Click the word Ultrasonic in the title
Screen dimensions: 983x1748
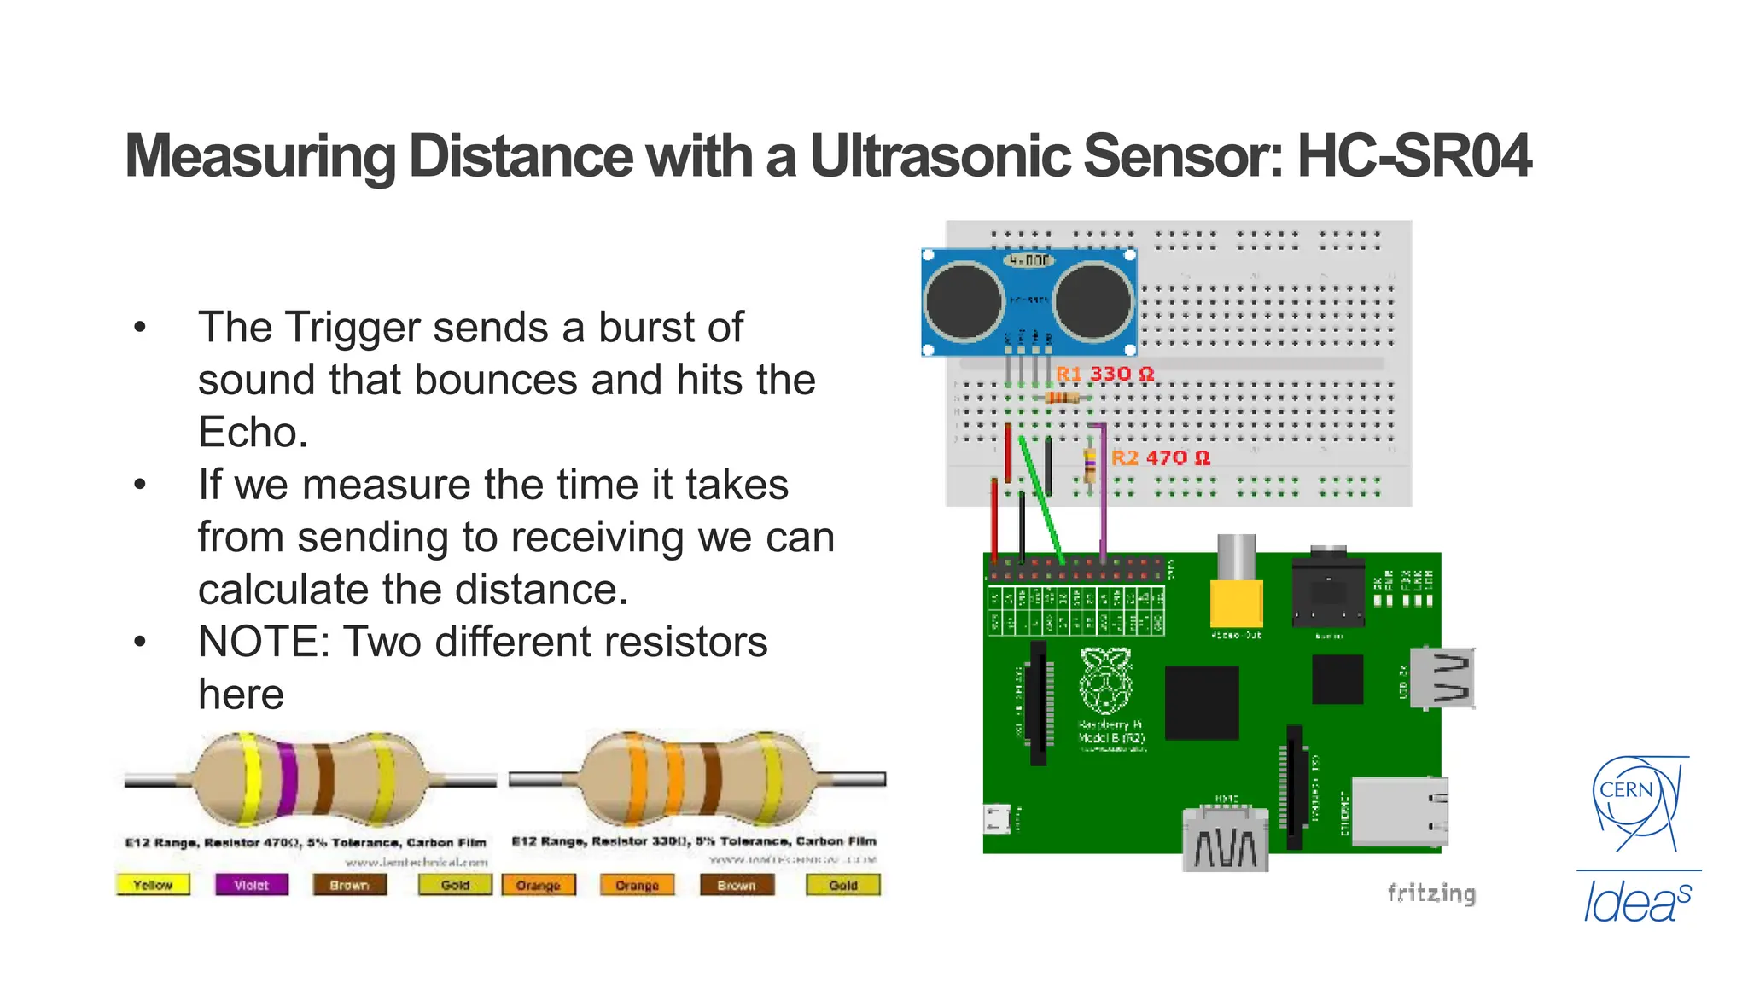(940, 156)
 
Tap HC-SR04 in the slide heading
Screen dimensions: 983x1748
(1413, 156)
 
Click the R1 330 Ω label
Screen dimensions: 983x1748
(1105, 374)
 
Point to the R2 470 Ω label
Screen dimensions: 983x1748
(1161, 457)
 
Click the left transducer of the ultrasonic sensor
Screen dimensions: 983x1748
(964, 301)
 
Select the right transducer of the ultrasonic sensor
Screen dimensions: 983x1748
(1093, 301)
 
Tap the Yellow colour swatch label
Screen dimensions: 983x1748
(153, 885)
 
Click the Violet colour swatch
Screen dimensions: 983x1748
(251, 885)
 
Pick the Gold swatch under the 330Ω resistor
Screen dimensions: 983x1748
(842, 885)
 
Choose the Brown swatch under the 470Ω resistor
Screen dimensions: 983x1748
(349, 885)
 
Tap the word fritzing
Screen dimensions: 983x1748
(1431, 893)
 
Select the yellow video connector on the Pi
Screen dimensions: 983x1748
(1237, 602)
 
